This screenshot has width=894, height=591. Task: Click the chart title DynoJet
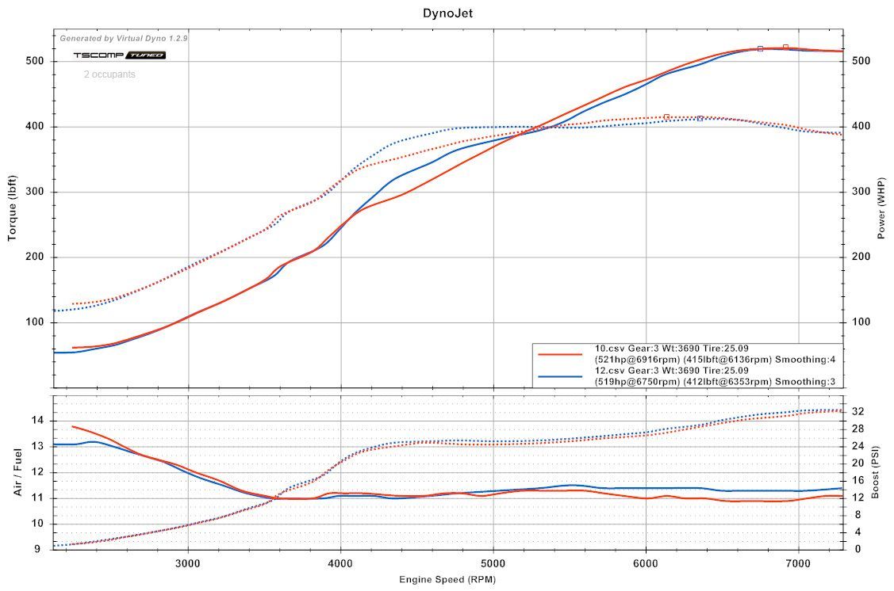448,13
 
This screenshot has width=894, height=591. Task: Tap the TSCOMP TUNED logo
119,55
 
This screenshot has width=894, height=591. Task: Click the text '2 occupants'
109,74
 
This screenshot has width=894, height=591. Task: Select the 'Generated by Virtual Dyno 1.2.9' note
125,38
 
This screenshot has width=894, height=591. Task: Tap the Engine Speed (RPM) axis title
447,580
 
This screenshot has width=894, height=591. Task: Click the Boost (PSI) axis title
875,471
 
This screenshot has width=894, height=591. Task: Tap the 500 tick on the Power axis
861,61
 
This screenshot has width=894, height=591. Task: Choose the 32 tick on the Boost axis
858,411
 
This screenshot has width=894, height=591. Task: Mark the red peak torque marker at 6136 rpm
666,116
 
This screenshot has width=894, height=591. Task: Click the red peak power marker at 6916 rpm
785,48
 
